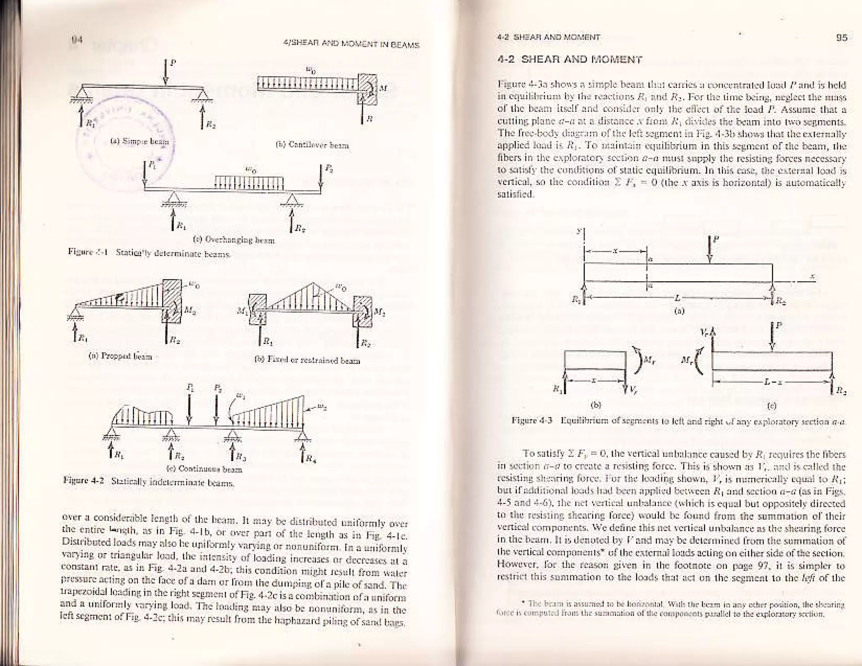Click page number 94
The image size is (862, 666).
[x=76, y=40]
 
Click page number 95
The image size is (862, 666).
[x=841, y=38]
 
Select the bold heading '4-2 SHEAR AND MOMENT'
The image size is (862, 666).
[x=569, y=59]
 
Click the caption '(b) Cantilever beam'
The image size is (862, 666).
[x=312, y=146]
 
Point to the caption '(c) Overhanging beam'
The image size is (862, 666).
[x=234, y=241]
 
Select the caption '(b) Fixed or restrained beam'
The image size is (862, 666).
[x=307, y=361]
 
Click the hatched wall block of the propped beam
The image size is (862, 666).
[x=172, y=301]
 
